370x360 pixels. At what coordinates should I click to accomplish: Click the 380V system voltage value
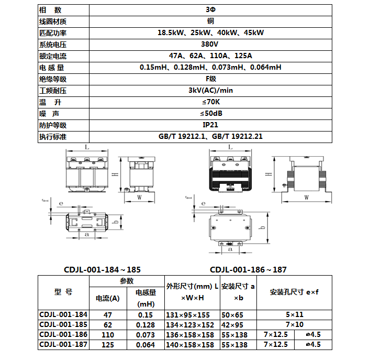click(210, 44)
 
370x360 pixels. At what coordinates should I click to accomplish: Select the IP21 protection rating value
click(210, 125)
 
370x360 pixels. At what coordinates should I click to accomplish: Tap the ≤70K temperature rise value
click(210, 102)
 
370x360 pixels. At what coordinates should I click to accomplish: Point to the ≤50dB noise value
click(210, 113)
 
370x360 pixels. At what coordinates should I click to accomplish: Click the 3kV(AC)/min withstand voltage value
click(210, 90)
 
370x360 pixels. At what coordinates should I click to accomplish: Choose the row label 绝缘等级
click(53, 79)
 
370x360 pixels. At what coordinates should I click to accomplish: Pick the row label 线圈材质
click(53, 21)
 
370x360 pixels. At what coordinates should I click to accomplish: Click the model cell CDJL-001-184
click(63, 315)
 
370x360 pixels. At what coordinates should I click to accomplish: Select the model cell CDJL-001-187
click(63, 345)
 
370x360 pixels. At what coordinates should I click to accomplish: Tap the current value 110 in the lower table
click(108, 335)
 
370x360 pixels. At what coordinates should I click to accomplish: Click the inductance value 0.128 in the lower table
click(145, 325)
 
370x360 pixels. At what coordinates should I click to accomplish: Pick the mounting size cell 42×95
click(234, 325)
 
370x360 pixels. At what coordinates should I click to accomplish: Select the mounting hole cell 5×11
click(295, 315)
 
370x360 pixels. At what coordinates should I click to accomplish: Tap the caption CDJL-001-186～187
click(248, 270)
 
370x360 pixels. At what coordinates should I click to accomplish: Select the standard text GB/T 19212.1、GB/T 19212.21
click(210, 136)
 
